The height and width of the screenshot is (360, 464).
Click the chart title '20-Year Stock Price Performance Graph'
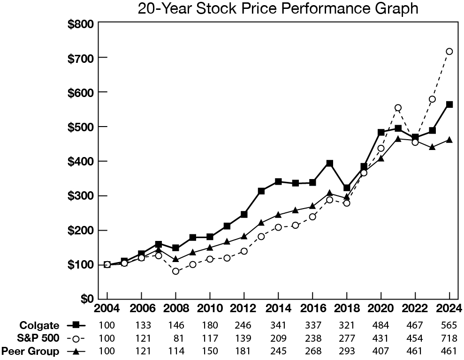tap(278, 9)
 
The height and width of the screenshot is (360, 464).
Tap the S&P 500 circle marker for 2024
tap(449, 52)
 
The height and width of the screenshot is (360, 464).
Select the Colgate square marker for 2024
tap(449, 105)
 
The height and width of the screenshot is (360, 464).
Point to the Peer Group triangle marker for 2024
tap(449, 140)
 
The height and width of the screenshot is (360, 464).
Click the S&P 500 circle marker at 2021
tap(398, 108)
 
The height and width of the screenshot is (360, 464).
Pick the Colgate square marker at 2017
tap(329, 164)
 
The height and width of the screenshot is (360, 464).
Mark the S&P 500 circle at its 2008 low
tap(175, 271)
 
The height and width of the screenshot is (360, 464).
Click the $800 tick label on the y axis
tap(82, 23)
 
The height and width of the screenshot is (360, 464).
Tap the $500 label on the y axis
tap(82, 127)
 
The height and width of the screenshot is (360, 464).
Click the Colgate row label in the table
tap(39, 325)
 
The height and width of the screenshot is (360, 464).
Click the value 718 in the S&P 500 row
tap(449, 338)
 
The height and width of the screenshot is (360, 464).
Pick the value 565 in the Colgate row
tap(449, 325)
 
